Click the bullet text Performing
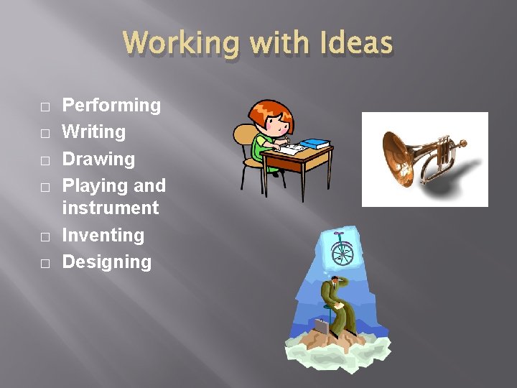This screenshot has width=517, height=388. (111, 106)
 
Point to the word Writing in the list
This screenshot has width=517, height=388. (94, 132)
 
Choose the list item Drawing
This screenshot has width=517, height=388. (98, 159)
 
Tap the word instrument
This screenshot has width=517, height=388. (111, 208)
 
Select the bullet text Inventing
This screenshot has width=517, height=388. (103, 236)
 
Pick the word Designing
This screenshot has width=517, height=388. (107, 262)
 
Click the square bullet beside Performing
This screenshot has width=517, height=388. (45, 107)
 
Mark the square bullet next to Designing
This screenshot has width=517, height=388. (45, 264)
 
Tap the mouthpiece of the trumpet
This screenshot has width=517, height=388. (462, 144)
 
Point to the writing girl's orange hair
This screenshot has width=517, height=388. (271, 111)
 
